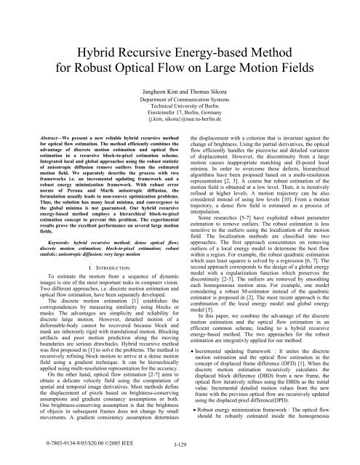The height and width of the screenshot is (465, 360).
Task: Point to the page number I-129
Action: pos(179,456)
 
